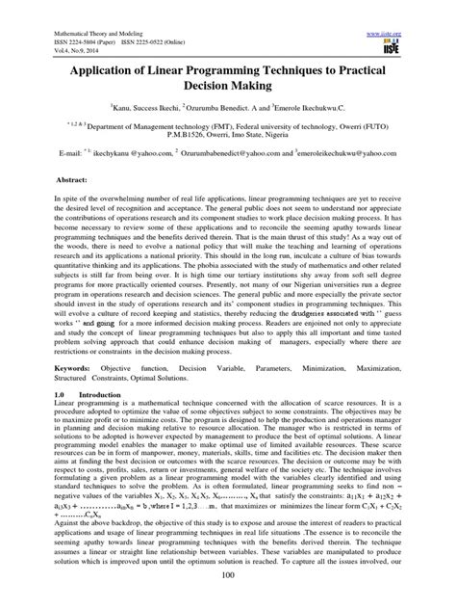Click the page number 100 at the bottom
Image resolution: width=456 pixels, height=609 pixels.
pyautogui.click(x=228, y=598)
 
